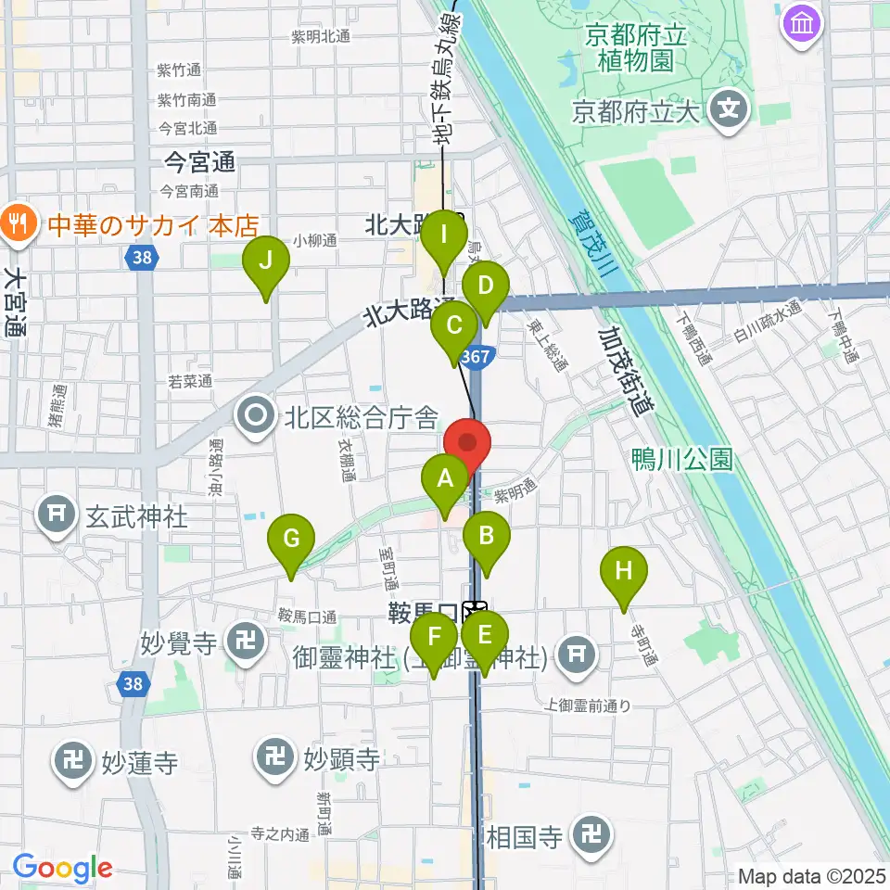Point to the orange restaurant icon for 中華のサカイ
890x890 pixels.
click(17, 222)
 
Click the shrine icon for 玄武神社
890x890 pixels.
click(57, 515)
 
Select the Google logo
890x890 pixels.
click(62, 869)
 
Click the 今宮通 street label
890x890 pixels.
click(198, 164)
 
